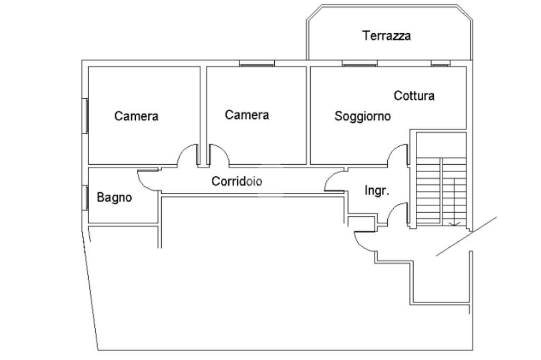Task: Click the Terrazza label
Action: click(x=386, y=36)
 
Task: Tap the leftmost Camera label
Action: click(x=136, y=116)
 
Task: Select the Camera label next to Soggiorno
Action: click(x=247, y=115)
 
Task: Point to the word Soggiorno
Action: click(x=362, y=116)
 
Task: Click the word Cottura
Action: click(x=414, y=96)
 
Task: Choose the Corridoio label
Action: click(x=237, y=181)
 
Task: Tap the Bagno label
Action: click(x=114, y=197)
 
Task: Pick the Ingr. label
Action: click(x=377, y=191)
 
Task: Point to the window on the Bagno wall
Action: click(x=86, y=197)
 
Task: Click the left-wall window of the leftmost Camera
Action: click(x=86, y=116)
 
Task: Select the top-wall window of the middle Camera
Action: click(x=257, y=64)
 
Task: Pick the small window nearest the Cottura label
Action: click(x=441, y=64)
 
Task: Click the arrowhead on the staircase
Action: click(x=455, y=224)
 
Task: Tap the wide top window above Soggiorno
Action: click(x=359, y=64)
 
